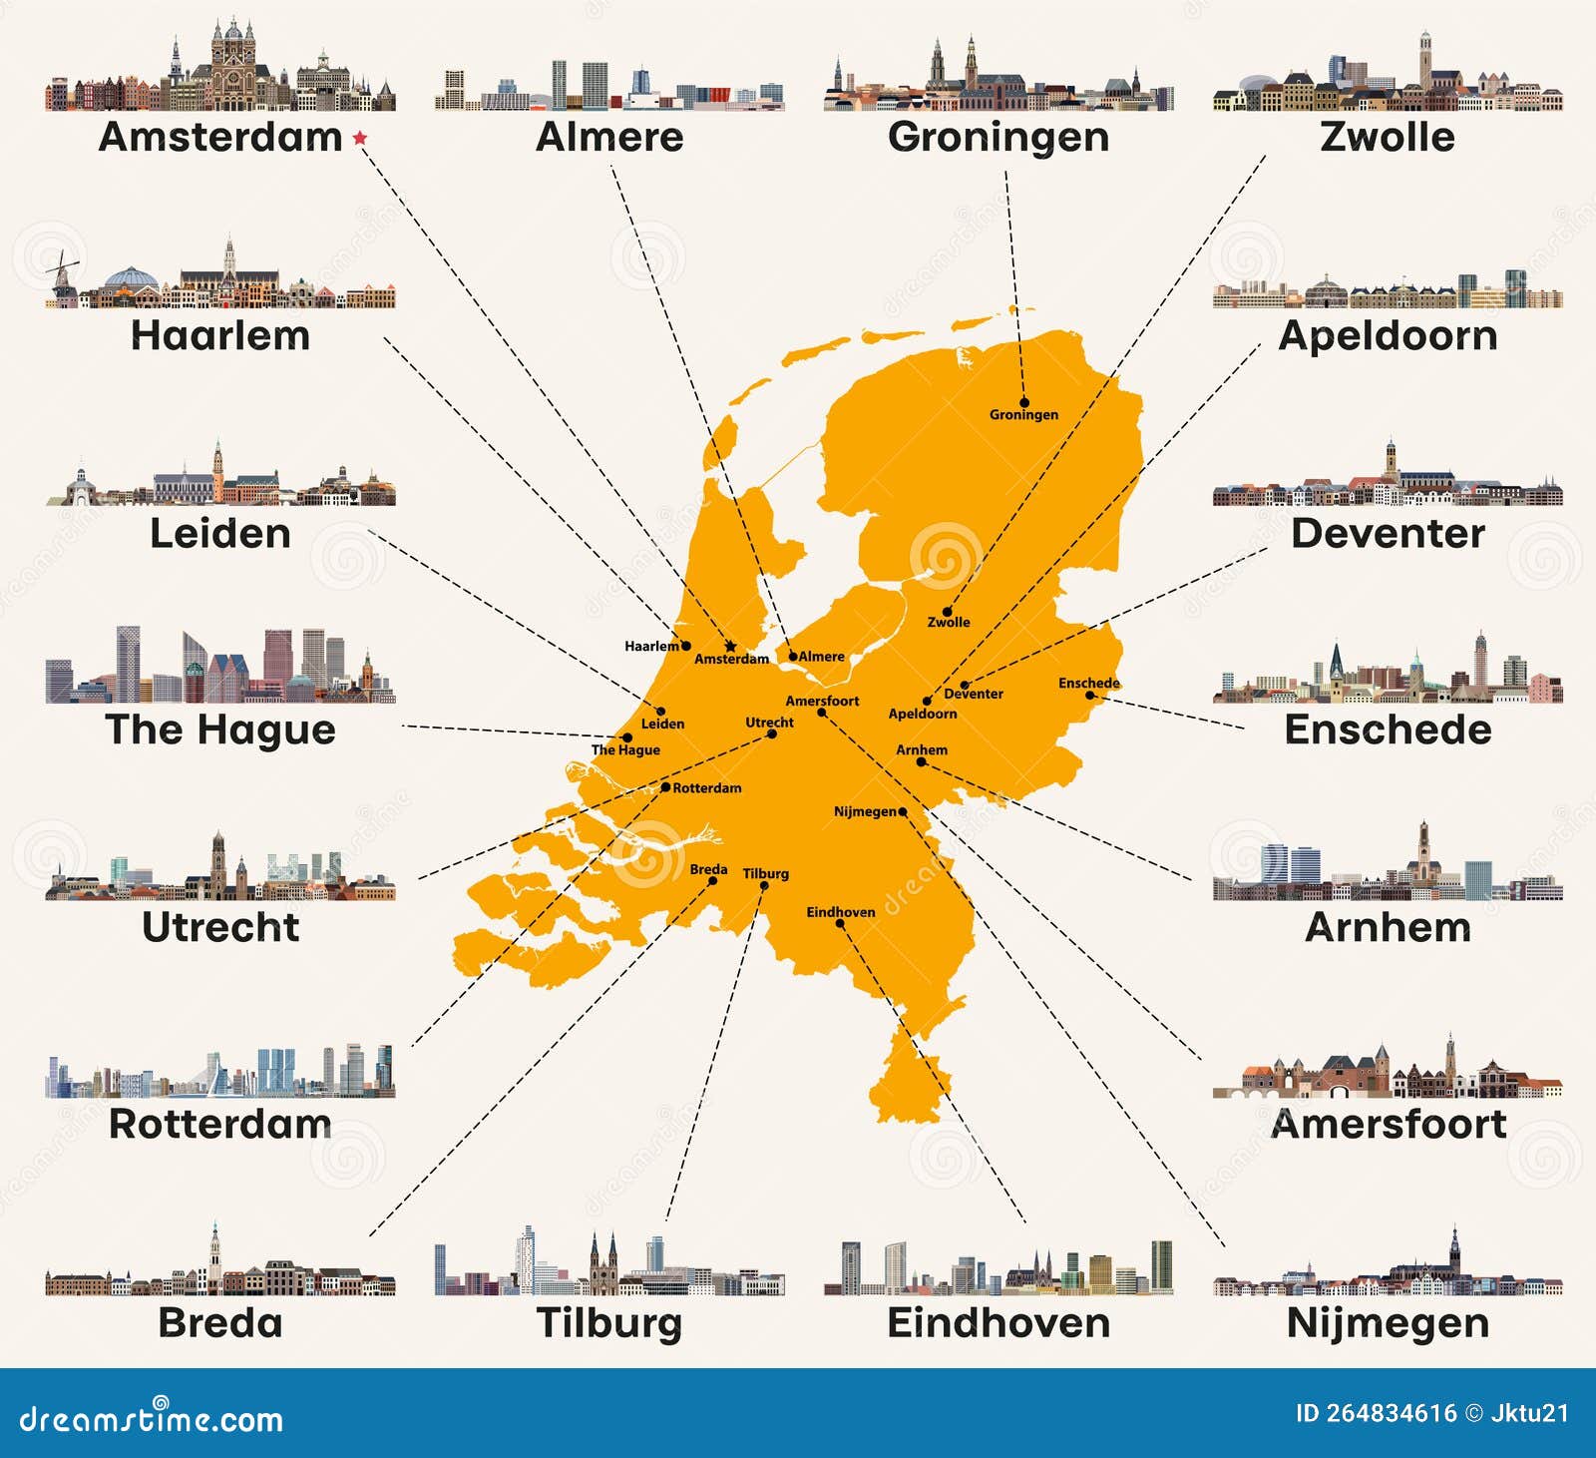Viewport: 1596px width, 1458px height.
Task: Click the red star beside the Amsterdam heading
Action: [x=360, y=138]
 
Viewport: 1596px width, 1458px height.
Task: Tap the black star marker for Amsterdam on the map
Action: [x=730, y=646]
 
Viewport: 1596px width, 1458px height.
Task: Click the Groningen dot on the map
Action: [x=1024, y=402]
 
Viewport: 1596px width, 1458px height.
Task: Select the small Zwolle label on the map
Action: [x=949, y=623]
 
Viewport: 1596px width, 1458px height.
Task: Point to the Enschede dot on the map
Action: [x=1089, y=695]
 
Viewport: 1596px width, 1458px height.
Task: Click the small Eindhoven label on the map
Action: [x=841, y=912]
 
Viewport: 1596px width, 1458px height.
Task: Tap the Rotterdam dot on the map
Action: [x=666, y=787]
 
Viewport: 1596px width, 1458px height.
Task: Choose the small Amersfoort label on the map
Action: [x=822, y=701]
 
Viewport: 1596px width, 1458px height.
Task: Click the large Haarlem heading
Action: [x=220, y=335]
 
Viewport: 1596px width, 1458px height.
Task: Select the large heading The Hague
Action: [x=220, y=729]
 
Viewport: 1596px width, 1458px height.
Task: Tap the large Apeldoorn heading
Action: [x=1388, y=335]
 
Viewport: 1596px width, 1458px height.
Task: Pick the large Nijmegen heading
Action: [x=1388, y=1323]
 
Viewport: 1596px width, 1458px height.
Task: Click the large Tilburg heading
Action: [x=609, y=1323]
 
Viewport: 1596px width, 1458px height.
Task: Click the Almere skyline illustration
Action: [x=609, y=88]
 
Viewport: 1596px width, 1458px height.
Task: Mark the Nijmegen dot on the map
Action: [x=903, y=811]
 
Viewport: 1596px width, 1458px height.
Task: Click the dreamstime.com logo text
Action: [x=152, y=1418]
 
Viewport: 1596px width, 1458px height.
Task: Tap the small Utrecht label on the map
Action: [x=769, y=723]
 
